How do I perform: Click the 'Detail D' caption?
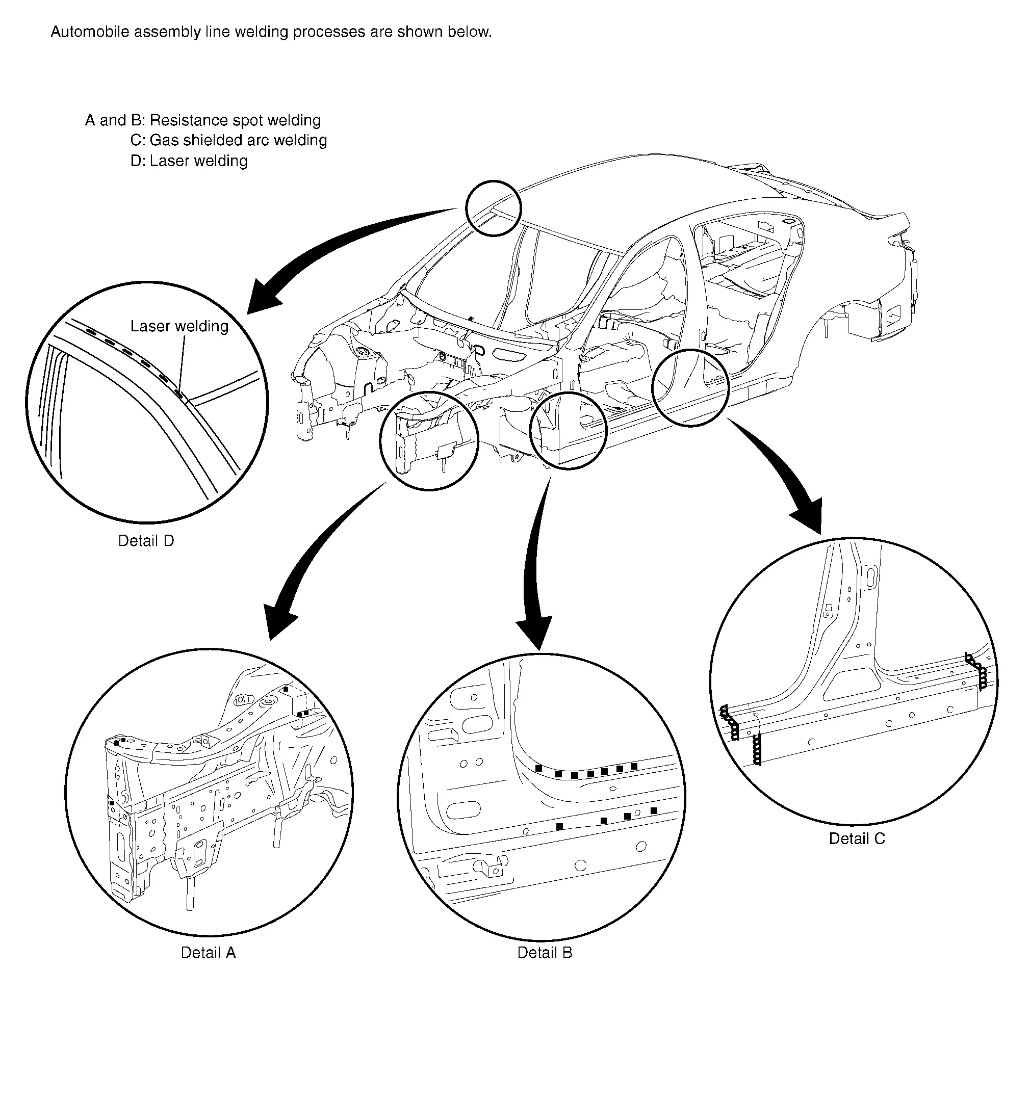pyautogui.click(x=146, y=541)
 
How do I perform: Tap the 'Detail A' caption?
pyautogui.click(x=208, y=952)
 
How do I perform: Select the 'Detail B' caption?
pyautogui.click(x=544, y=952)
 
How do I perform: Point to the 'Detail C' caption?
pyautogui.click(x=857, y=838)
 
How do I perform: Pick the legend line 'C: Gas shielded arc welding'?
pyautogui.click(x=228, y=140)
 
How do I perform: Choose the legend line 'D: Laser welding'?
pyautogui.click(x=189, y=161)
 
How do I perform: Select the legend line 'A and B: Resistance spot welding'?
pyautogui.click(x=203, y=120)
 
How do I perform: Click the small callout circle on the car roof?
pyautogui.click(x=493, y=208)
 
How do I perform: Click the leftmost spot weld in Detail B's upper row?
pyautogui.click(x=538, y=768)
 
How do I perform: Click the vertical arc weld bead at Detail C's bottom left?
pyautogui.click(x=757, y=749)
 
